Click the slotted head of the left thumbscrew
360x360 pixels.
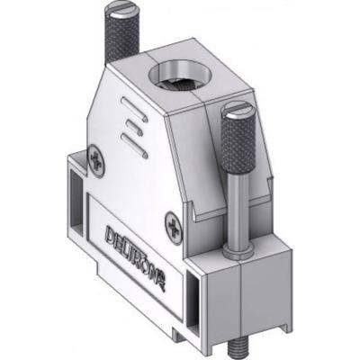pyautogui.click(x=122, y=11)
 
